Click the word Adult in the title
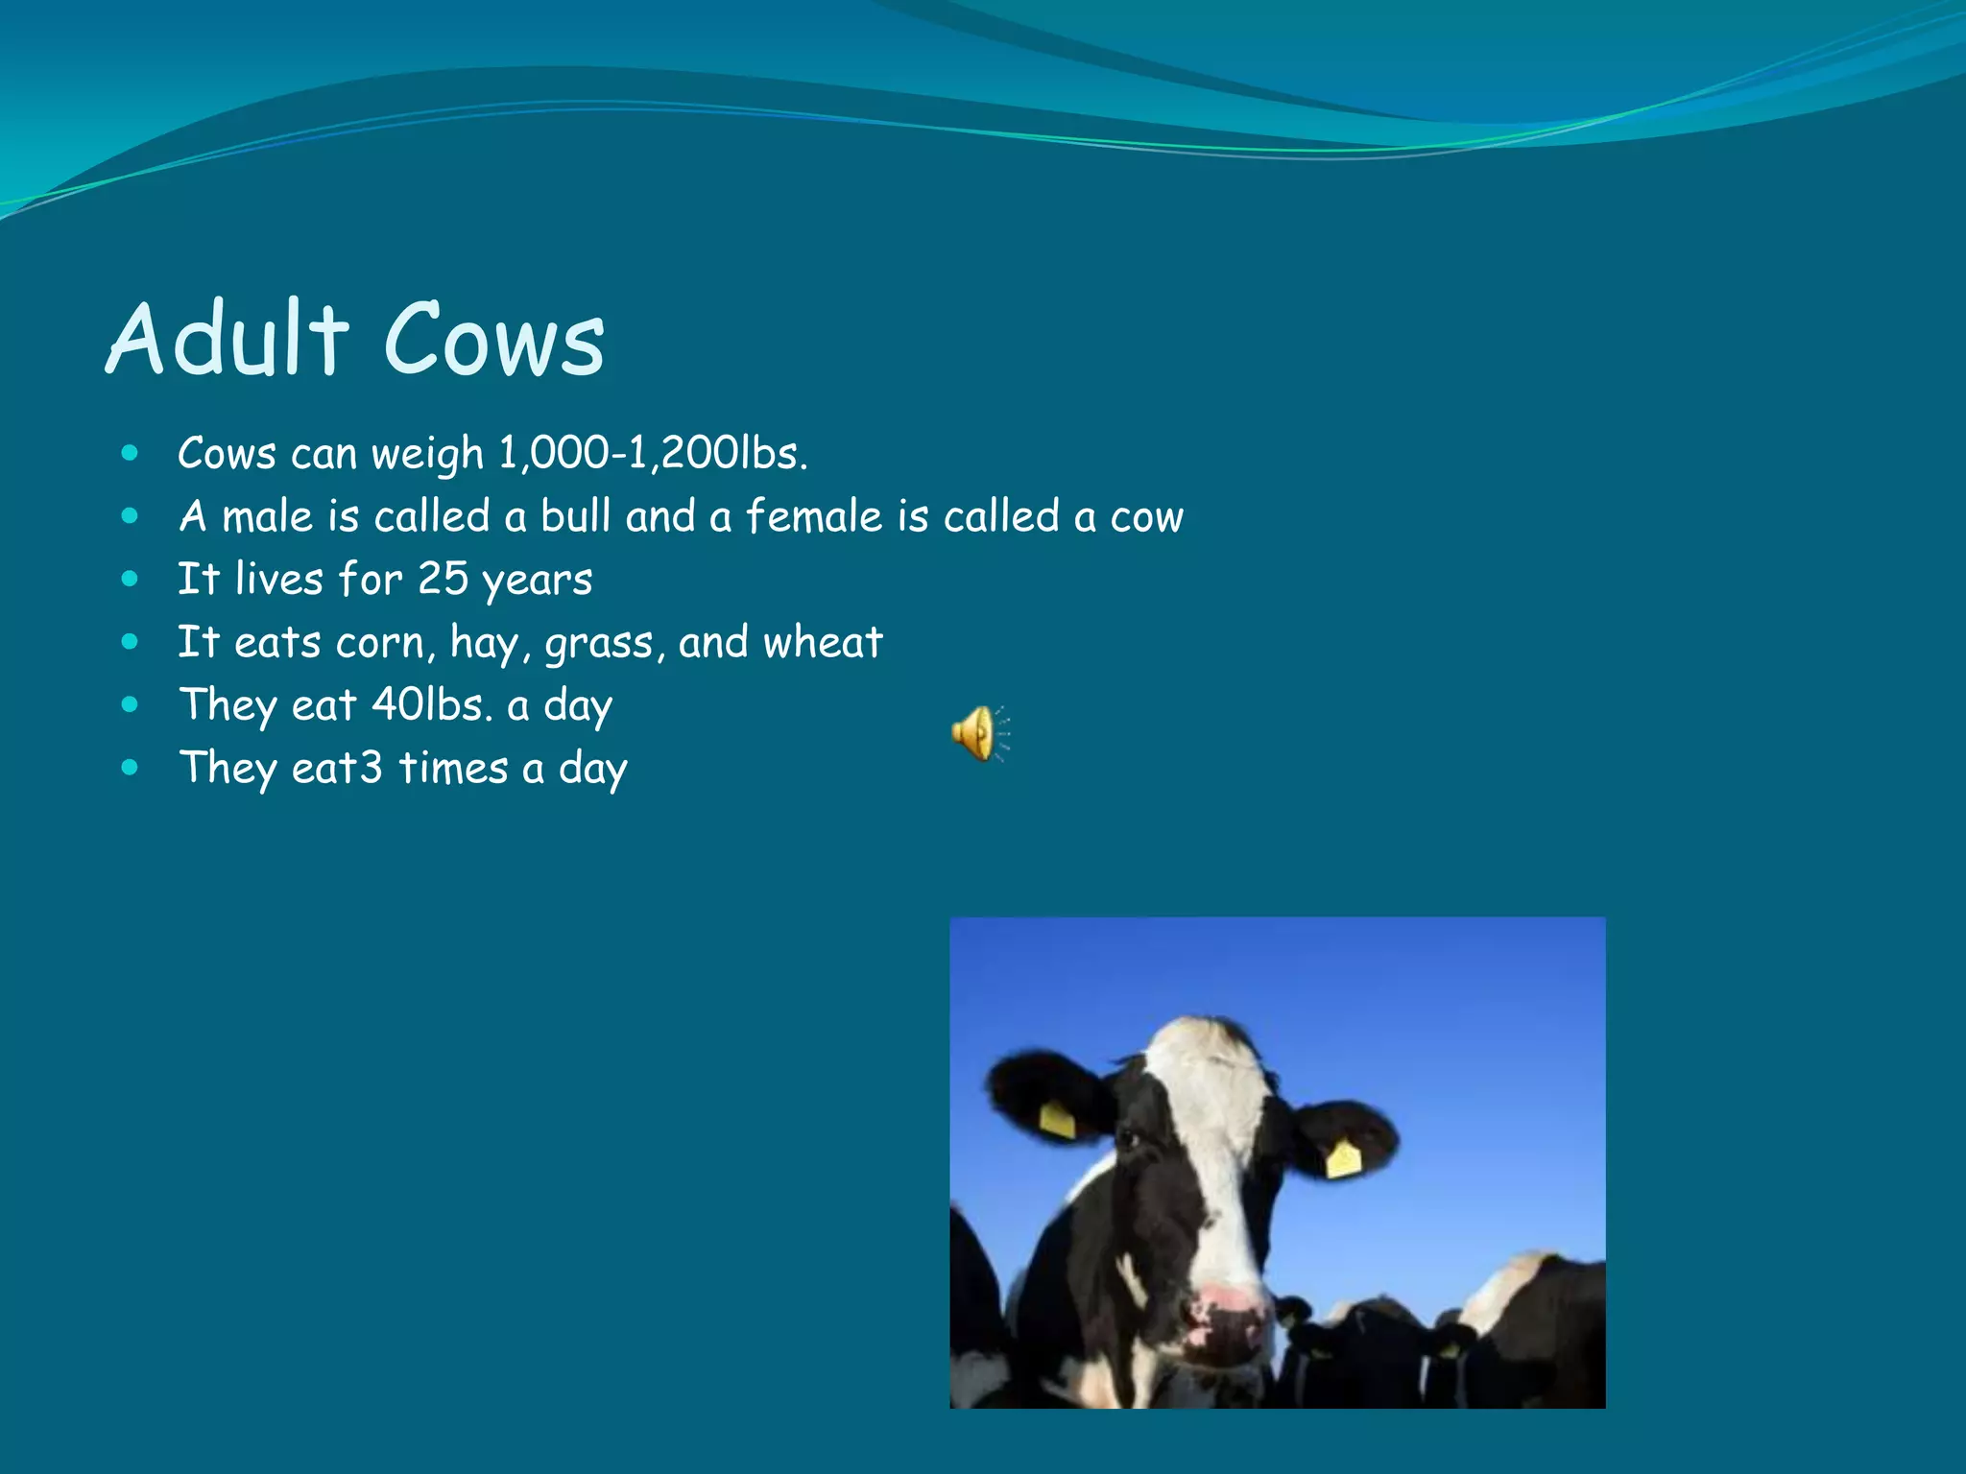click(x=227, y=338)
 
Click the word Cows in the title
click(x=494, y=340)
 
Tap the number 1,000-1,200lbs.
click(x=653, y=453)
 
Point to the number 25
click(x=443, y=579)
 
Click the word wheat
click(x=822, y=642)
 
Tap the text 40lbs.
click(x=432, y=705)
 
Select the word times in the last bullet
click(x=452, y=769)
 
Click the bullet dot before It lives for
click(x=131, y=579)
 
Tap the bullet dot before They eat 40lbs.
click(x=131, y=704)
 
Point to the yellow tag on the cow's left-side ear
click(x=1057, y=1120)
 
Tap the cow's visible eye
click(x=1129, y=1141)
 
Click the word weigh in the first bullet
click(x=427, y=454)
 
